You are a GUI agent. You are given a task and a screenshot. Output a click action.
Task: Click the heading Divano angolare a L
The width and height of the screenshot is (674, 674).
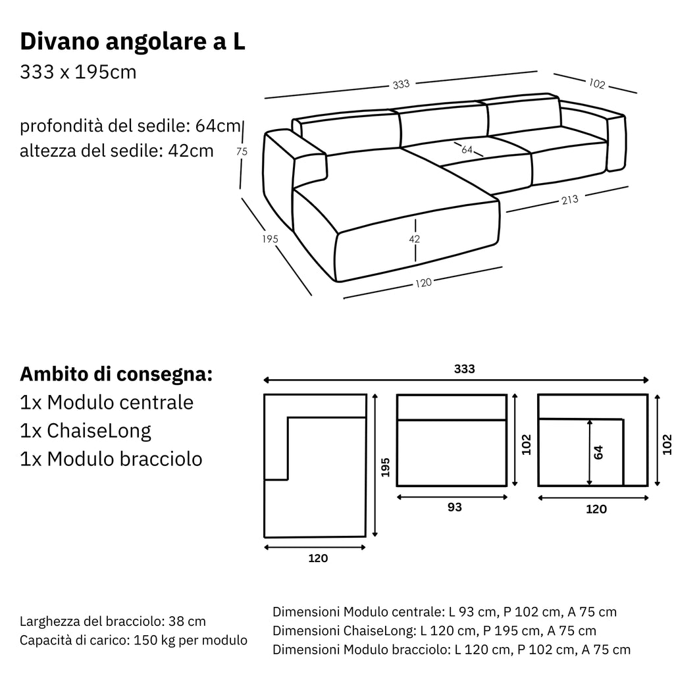point(132,41)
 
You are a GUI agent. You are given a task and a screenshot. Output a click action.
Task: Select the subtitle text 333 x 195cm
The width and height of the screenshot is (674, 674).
point(78,72)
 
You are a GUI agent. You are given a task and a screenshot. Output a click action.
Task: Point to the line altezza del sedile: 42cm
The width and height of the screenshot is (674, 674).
point(117,151)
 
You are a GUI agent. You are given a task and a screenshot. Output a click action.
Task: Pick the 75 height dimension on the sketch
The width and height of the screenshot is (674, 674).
point(242,151)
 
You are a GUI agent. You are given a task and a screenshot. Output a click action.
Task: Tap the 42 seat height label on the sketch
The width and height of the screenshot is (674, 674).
point(414,239)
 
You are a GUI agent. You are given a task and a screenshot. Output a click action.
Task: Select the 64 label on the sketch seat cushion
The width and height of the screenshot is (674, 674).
point(467,149)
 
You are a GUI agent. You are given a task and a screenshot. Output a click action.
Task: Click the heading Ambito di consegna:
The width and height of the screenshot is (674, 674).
point(116,374)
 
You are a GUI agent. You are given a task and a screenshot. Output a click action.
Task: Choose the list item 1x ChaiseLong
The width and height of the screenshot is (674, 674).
point(86,430)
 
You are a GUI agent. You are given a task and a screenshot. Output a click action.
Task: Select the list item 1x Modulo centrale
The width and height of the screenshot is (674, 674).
point(107,402)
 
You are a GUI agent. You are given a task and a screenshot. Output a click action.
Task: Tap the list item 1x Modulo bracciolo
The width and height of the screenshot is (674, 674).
point(111,459)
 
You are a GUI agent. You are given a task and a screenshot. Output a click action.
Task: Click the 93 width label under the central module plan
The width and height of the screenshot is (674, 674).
point(454,507)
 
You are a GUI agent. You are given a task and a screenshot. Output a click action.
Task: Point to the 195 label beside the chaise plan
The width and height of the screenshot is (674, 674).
point(386,467)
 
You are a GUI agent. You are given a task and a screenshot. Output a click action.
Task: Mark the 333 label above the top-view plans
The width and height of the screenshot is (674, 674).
point(464,369)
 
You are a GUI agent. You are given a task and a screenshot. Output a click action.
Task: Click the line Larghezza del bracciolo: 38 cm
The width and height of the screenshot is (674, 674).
point(113,621)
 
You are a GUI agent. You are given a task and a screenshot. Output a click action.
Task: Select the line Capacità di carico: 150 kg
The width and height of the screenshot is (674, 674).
point(134,640)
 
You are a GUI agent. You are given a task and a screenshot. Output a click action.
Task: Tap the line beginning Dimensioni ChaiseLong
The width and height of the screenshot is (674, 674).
point(434,631)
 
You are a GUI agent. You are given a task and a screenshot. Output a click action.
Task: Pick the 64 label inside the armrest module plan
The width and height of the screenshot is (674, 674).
point(598,453)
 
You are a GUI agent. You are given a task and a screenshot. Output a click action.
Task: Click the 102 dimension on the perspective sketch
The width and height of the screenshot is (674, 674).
point(597,84)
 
